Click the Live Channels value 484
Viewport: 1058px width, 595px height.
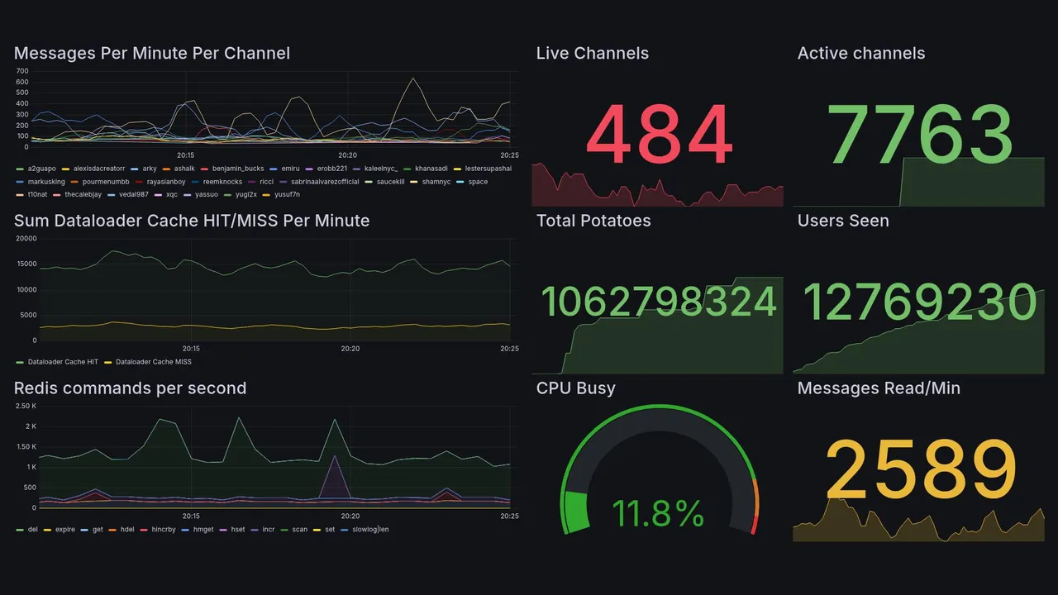point(659,136)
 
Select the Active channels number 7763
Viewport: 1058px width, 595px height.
point(922,136)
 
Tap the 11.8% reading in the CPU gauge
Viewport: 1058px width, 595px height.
point(658,513)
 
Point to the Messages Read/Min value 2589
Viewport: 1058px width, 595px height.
point(921,469)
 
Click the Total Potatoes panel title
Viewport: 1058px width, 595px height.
point(593,221)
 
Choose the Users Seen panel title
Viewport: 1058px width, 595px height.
point(843,221)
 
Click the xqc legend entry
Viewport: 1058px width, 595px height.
point(171,195)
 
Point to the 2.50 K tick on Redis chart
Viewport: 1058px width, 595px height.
point(26,406)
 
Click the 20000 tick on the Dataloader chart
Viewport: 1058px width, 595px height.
point(26,239)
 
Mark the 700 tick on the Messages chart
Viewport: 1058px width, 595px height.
point(22,71)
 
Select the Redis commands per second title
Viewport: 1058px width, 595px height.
point(130,388)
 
